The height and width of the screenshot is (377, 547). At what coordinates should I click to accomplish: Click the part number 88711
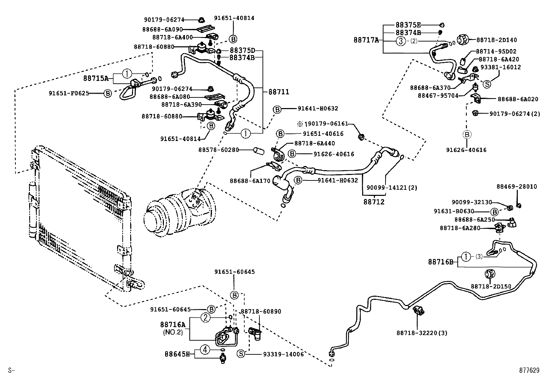pos(279,92)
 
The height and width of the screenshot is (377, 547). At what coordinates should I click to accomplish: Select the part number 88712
pos(374,202)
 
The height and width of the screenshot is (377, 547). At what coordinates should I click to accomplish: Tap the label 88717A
pos(366,40)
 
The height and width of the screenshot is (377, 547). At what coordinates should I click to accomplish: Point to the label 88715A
pos(96,78)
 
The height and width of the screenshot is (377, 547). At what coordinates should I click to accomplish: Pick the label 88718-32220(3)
pos(422,333)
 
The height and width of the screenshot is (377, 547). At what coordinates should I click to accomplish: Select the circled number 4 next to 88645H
pos(205,350)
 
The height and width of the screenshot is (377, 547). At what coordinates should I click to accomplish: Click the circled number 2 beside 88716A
pos(205,318)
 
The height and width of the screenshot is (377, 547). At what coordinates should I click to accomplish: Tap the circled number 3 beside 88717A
pos(401,41)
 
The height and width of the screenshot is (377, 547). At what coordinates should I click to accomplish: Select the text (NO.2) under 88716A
pos(173,332)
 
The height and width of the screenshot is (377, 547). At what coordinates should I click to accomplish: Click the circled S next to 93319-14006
pos(241,354)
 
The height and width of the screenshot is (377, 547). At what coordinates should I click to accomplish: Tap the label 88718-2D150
pos(491,286)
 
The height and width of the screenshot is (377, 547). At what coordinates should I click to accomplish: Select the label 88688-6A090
pos(163,30)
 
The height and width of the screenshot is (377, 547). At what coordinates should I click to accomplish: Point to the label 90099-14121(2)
pos(387,188)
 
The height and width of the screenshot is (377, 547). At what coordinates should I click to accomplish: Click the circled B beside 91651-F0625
pos(108,93)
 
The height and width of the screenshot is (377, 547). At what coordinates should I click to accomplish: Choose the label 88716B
pos(441,262)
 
